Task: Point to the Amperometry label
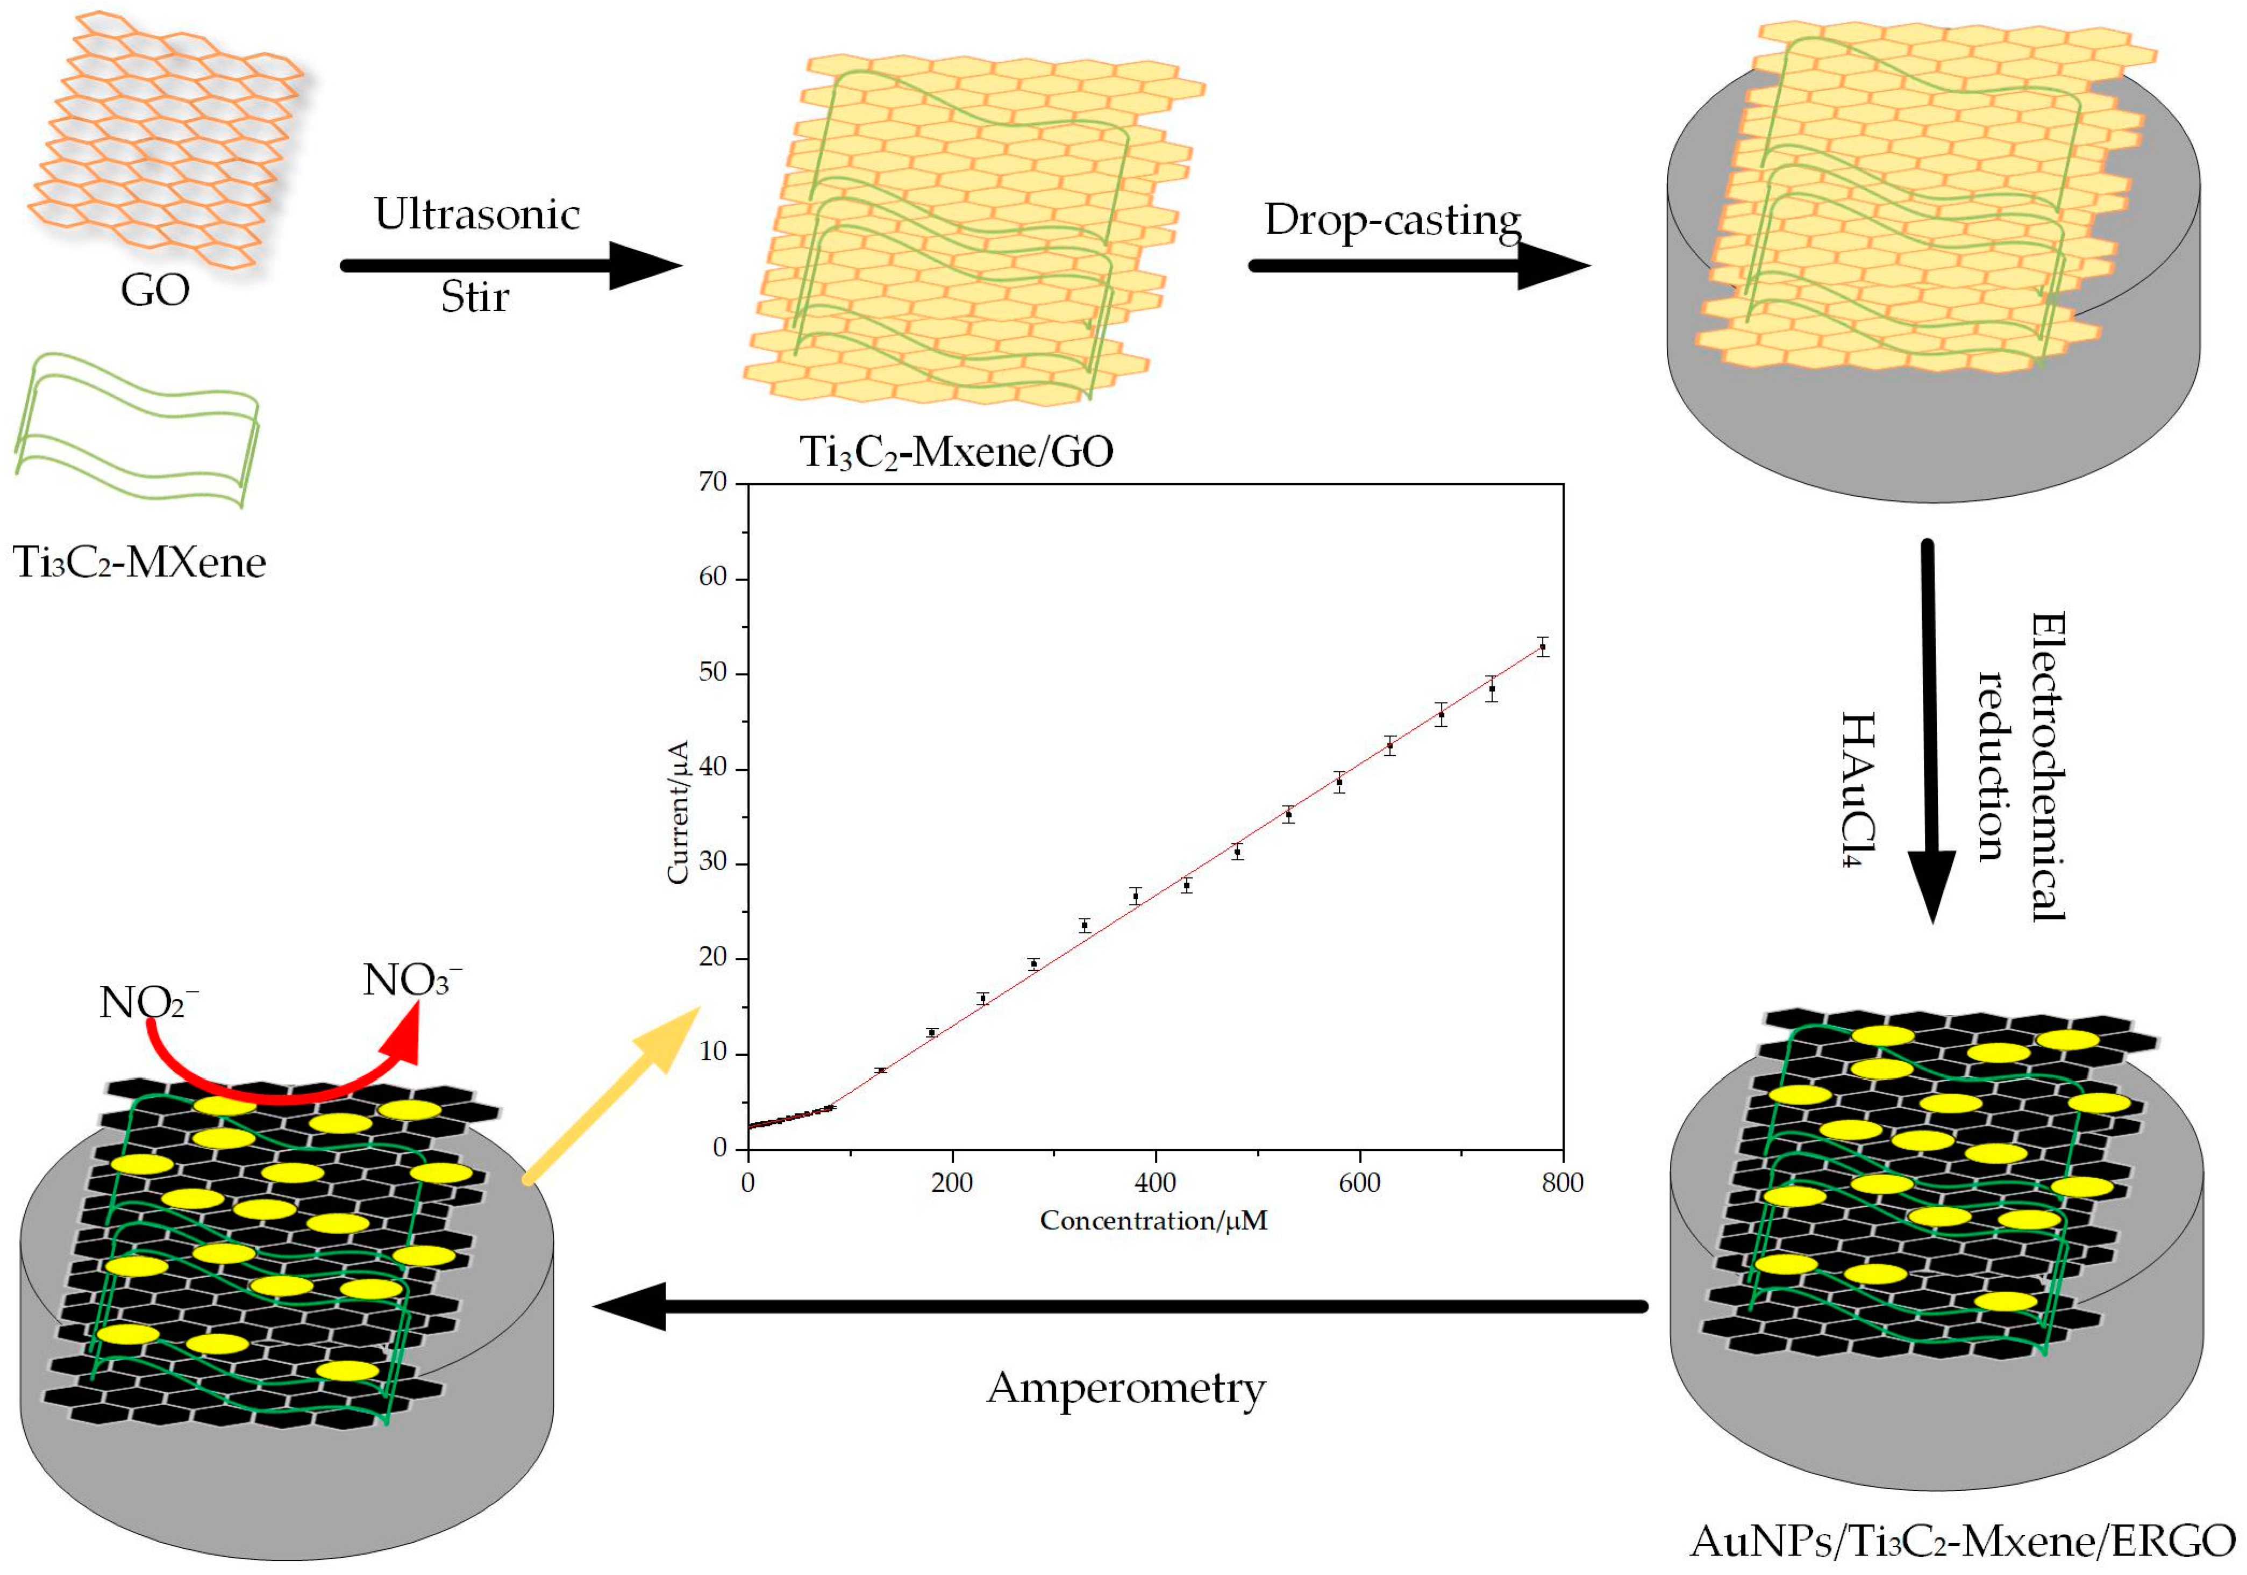[1125, 1387]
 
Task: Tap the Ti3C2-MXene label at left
[139, 562]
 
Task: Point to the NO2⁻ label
[147, 1003]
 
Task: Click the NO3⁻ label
[411, 980]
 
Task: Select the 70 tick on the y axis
[712, 482]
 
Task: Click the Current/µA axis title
[677, 812]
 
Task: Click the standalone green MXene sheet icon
[137, 431]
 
